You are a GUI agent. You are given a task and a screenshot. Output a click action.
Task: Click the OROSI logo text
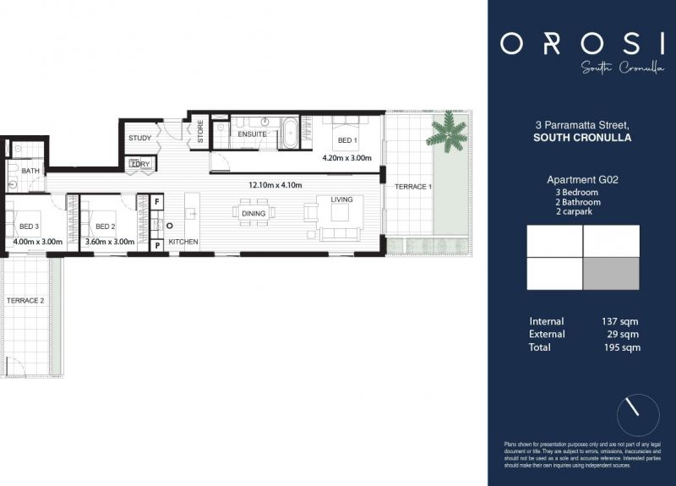(581, 43)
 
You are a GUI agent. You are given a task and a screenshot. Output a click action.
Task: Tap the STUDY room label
(139, 138)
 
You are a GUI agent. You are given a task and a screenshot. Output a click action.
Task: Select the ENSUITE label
(252, 134)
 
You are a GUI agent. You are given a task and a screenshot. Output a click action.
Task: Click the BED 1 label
(347, 140)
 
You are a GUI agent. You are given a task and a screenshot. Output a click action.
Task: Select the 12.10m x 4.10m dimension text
(275, 185)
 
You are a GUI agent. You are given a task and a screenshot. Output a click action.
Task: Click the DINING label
(253, 214)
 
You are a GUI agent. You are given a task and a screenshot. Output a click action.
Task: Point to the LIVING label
(341, 199)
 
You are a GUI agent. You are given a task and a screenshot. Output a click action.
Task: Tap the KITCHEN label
(183, 243)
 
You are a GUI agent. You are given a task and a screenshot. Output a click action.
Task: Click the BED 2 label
(105, 227)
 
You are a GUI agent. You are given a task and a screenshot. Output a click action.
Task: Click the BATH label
(30, 171)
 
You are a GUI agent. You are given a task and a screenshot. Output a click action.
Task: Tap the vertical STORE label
(200, 131)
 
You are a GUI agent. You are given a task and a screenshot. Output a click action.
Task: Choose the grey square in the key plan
(611, 274)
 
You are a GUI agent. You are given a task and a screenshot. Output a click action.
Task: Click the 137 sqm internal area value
(620, 321)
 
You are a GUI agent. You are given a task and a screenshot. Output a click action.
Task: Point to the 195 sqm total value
(620, 347)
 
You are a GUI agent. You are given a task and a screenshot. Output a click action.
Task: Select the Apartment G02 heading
(581, 179)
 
